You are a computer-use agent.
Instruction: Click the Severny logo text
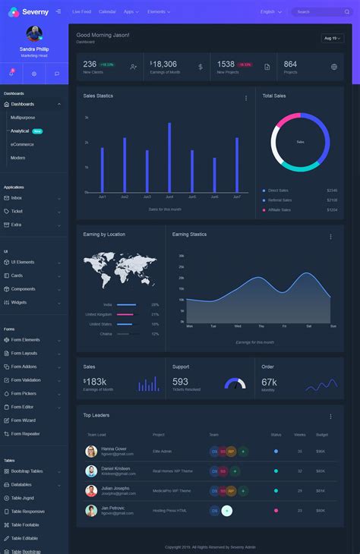[35, 11]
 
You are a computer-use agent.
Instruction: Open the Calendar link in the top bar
[107, 12]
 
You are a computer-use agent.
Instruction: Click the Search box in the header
[321, 12]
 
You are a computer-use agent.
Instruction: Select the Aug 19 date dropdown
[332, 38]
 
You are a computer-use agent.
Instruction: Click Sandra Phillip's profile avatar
[34, 34]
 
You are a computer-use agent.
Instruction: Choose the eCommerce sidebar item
[22, 144]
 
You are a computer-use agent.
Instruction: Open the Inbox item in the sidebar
[17, 197]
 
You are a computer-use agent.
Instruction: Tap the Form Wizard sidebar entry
[24, 420]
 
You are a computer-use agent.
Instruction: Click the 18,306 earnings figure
[165, 65]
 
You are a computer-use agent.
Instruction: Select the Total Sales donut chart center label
[300, 142]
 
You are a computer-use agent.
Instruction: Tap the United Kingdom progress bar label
[98, 314]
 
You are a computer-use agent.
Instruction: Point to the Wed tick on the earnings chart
[237, 326]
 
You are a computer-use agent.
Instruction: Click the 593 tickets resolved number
[180, 382]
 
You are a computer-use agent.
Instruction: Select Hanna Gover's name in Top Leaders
[114, 449]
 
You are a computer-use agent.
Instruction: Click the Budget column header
[321, 434]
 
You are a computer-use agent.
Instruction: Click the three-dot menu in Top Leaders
[330, 416]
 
